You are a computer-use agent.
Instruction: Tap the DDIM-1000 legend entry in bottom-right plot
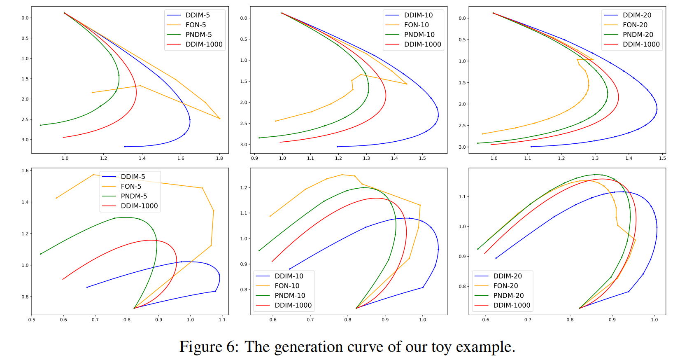[x=512, y=305]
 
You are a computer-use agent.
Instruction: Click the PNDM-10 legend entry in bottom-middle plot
[x=290, y=295]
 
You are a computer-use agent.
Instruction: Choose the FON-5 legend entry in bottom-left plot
[x=131, y=187]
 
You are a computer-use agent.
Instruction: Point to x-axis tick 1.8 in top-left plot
[x=219, y=158]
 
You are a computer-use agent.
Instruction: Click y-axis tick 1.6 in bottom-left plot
[x=25, y=171]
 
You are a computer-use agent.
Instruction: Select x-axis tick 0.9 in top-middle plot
[x=254, y=158]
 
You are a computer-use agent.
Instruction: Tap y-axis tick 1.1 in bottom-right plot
[x=462, y=196]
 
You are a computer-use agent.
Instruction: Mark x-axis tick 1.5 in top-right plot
[x=662, y=158]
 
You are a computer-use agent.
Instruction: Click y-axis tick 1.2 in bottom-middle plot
[x=244, y=187]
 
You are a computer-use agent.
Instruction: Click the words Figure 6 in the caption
[x=208, y=346]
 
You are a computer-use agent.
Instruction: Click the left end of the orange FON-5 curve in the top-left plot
[x=92, y=93]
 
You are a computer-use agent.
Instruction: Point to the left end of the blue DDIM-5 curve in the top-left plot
[x=125, y=147]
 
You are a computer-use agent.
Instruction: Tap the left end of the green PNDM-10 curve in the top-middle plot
[x=259, y=138]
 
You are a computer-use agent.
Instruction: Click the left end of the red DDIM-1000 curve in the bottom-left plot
[x=63, y=279]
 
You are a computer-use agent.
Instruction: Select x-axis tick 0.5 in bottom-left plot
[x=32, y=320]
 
